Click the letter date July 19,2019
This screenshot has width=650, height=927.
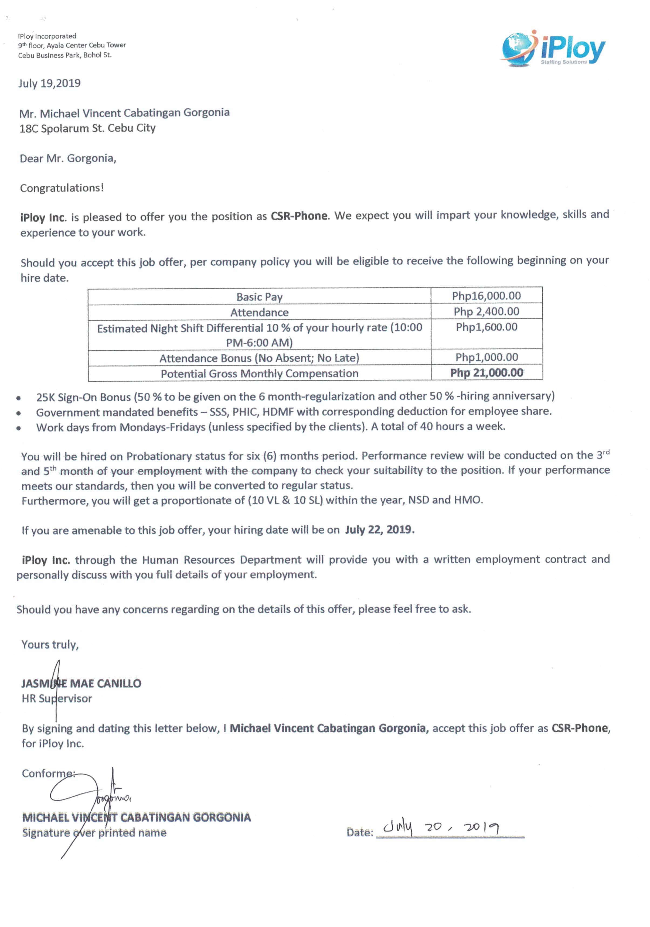(49, 84)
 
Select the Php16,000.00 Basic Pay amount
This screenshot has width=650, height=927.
(486, 296)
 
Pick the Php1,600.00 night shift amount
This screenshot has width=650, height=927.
(486, 327)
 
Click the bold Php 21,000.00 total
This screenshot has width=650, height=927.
(486, 373)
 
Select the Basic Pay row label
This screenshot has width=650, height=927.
(259, 297)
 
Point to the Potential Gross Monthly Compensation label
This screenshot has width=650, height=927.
(259, 374)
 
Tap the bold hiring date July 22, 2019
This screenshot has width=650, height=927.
(379, 530)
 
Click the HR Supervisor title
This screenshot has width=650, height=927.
(57, 699)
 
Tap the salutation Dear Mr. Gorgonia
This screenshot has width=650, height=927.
(68, 158)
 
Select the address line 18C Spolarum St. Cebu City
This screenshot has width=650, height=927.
(87, 128)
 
